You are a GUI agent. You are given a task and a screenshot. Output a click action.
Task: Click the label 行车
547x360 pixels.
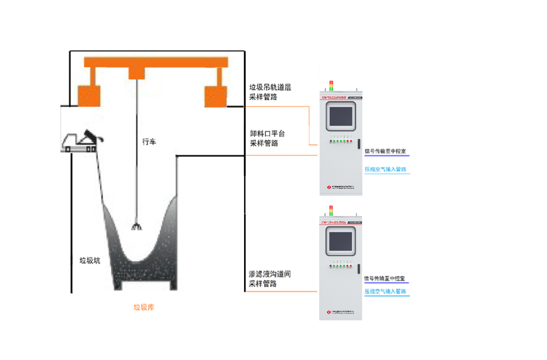[x=149, y=141]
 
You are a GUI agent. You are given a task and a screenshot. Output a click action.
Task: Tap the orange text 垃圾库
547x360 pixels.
[x=144, y=307]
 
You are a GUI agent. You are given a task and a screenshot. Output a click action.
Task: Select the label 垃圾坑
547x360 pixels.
[x=90, y=260]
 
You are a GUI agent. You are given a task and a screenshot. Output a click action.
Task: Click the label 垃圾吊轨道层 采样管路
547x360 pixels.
[x=270, y=92]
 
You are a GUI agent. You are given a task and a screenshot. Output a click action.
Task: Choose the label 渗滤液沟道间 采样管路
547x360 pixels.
[x=270, y=279]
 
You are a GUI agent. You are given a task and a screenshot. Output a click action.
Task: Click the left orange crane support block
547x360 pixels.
[x=89, y=96]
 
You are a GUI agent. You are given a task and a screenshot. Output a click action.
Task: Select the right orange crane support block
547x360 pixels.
[x=216, y=96]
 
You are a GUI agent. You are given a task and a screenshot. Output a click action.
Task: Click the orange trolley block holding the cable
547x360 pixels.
[x=137, y=73]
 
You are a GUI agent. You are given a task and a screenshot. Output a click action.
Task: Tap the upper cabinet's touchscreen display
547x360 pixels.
[x=341, y=117]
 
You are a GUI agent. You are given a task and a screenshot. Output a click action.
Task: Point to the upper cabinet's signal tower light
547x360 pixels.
[x=331, y=85]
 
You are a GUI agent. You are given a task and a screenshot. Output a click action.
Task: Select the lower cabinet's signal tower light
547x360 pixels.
[x=331, y=210]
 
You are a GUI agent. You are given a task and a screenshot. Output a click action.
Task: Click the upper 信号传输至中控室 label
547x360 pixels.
[x=385, y=151]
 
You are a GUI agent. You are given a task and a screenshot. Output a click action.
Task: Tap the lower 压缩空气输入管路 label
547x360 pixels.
[x=385, y=291]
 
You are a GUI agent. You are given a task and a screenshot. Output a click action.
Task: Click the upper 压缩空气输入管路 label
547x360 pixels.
[x=385, y=169]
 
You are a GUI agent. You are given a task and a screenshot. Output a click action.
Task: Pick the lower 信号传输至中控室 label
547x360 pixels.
[x=385, y=279]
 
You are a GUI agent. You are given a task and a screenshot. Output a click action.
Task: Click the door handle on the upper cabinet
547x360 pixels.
[x=358, y=144]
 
